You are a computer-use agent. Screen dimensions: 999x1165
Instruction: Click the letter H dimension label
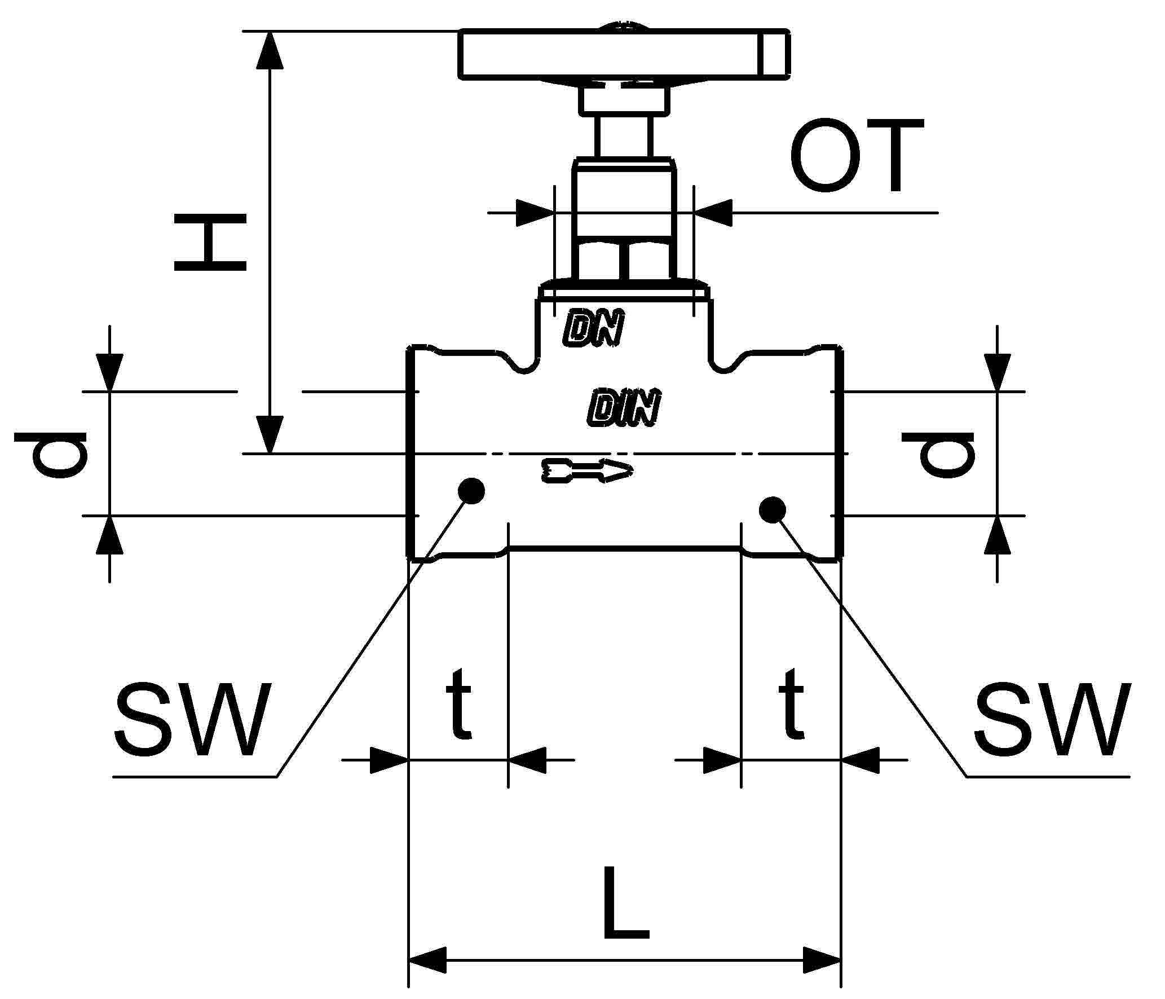210,243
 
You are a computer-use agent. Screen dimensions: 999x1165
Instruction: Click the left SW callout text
190,723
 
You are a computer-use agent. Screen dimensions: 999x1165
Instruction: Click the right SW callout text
1052,723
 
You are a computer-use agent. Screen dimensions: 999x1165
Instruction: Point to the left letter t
458,704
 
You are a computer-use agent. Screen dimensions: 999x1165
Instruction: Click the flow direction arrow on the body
586,470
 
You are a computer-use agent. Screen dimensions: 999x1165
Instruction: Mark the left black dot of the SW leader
471,490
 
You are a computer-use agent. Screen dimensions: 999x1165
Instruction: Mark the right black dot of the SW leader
772,510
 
